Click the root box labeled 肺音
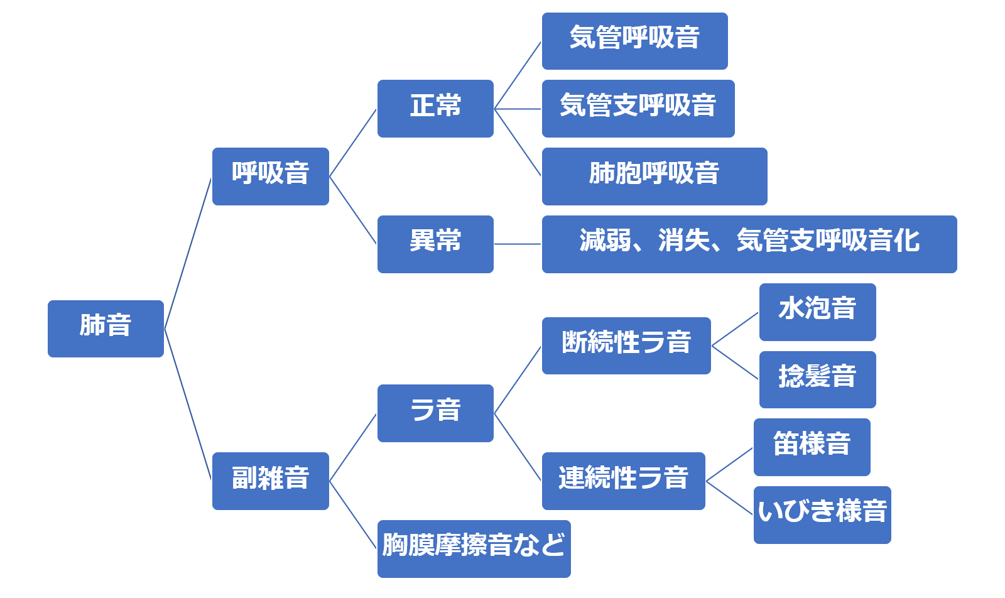(x=106, y=329)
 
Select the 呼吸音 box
(x=270, y=176)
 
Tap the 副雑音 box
(x=270, y=481)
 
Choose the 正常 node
(x=435, y=108)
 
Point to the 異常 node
(x=435, y=244)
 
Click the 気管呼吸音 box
(x=634, y=41)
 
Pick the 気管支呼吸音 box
(x=638, y=108)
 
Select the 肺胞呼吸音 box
(x=654, y=176)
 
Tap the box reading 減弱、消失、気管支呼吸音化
(x=749, y=244)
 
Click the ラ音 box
(x=435, y=413)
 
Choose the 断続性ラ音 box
(x=626, y=345)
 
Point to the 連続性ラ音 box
(x=623, y=481)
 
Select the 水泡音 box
(x=817, y=312)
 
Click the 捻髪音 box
(x=817, y=379)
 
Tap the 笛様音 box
(x=812, y=447)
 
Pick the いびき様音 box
(x=822, y=514)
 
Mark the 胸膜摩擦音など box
(x=474, y=548)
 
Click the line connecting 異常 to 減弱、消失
(x=518, y=244)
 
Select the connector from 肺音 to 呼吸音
(x=188, y=253)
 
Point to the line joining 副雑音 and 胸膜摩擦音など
(x=353, y=515)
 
